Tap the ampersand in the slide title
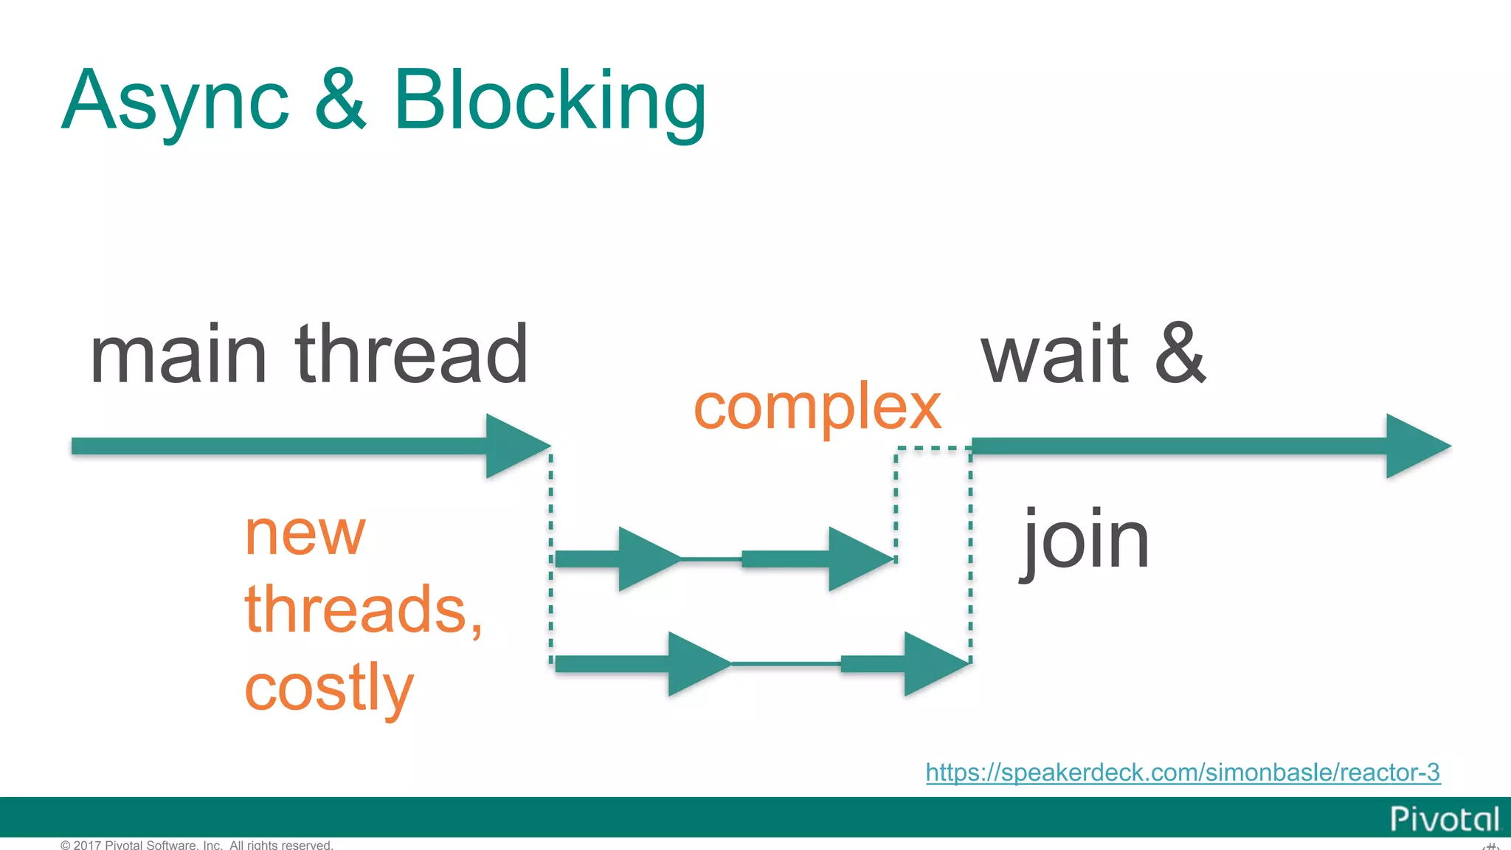click(340, 100)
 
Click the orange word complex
click(817, 408)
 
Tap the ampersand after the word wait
click(1180, 353)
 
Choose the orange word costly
click(329, 687)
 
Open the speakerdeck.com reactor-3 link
click(1183, 772)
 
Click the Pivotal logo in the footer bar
click(1444, 819)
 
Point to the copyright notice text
click(197, 845)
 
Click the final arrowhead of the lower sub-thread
click(933, 663)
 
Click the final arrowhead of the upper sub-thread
click(857, 559)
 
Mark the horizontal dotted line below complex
click(933, 449)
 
